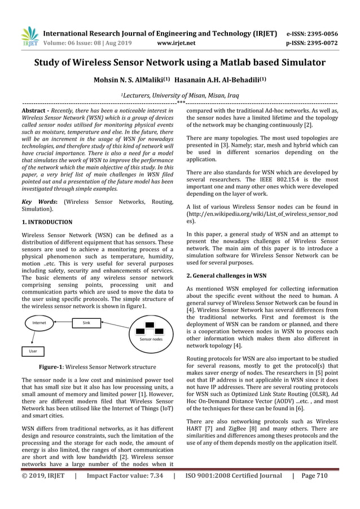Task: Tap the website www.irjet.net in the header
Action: (177, 42)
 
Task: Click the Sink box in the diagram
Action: (86, 323)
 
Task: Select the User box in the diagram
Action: (33, 350)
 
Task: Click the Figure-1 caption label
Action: (53, 367)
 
